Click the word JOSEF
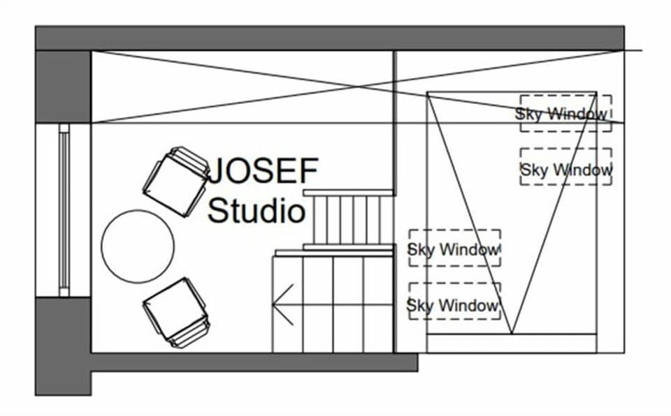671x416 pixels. coord(264,170)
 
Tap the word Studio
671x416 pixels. coord(257,210)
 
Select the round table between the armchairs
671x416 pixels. coord(138,246)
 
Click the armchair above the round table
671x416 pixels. coord(177,181)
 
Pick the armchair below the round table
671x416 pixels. coord(176,311)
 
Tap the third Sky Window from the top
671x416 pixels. coord(454,248)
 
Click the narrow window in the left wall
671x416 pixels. coord(64,209)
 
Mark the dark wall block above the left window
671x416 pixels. coord(64,85)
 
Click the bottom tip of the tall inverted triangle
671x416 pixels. coord(512,332)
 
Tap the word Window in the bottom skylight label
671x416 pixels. coord(468,305)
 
